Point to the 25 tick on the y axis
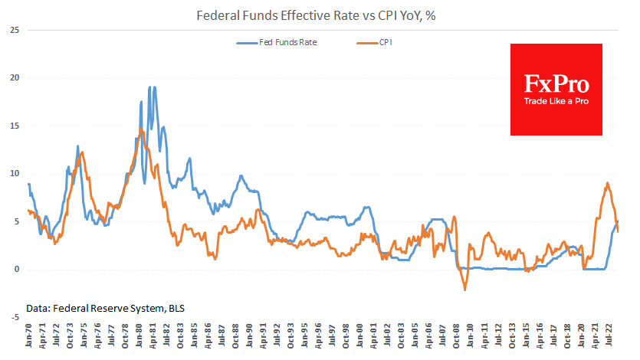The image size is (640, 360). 14,30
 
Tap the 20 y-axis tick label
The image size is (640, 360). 14,77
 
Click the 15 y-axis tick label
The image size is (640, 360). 14,126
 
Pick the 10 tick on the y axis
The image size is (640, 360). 14,173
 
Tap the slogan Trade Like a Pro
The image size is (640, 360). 556,101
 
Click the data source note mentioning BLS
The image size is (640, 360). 105,308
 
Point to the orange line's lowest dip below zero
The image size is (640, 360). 464,290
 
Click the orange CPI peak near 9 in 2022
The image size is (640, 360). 607,183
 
